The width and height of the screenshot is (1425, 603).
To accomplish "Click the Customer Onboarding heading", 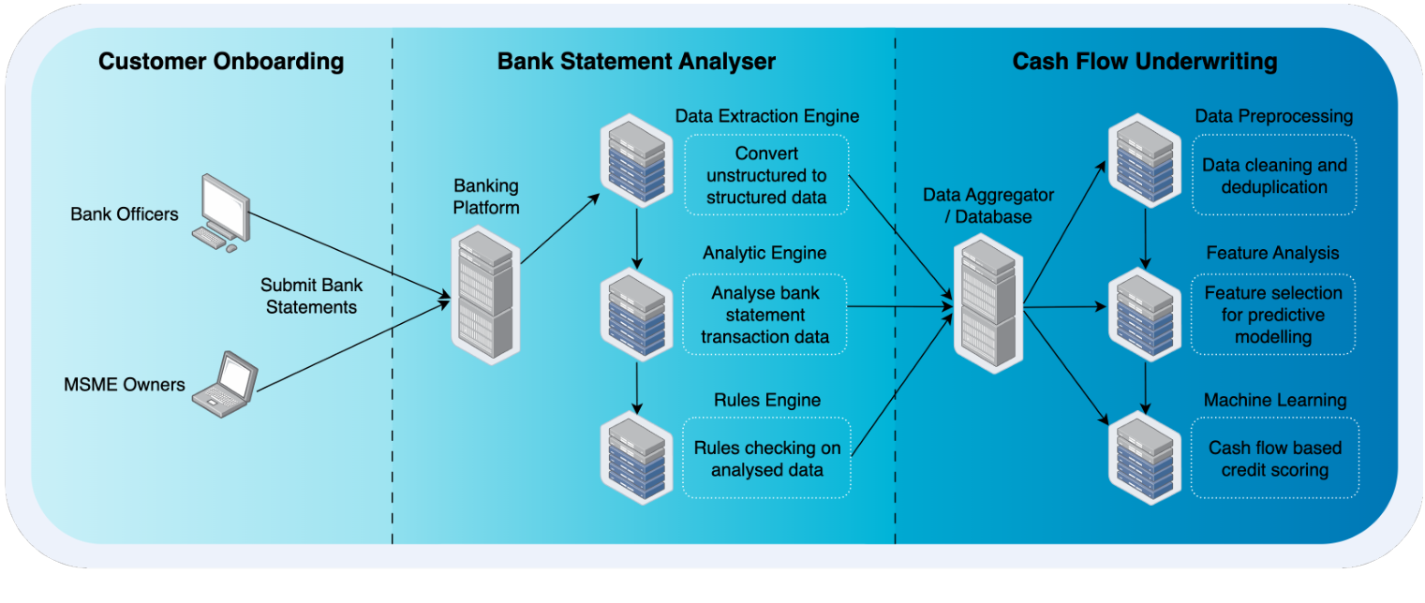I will click(x=221, y=63).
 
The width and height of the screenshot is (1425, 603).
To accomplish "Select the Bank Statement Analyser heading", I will click(x=636, y=63).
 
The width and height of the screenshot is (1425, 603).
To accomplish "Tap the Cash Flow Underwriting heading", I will click(x=1144, y=63).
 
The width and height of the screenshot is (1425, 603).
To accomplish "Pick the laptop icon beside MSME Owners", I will click(x=224, y=383).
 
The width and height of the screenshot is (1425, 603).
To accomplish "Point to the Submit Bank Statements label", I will click(x=312, y=295).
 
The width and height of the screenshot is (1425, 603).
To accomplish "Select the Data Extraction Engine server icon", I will click(x=637, y=160).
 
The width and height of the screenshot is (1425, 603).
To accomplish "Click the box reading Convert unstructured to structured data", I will click(x=765, y=174).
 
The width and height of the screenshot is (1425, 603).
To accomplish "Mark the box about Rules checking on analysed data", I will click(x=766, y=459).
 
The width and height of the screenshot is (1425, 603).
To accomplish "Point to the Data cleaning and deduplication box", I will click(x=1274, y=176).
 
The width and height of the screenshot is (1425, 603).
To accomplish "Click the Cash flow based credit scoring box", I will click(x=1274, y=459).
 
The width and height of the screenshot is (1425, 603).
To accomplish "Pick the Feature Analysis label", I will click(x=1272, y=253).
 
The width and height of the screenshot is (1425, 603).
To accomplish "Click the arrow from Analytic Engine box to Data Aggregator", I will click(x=899, y=305).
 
